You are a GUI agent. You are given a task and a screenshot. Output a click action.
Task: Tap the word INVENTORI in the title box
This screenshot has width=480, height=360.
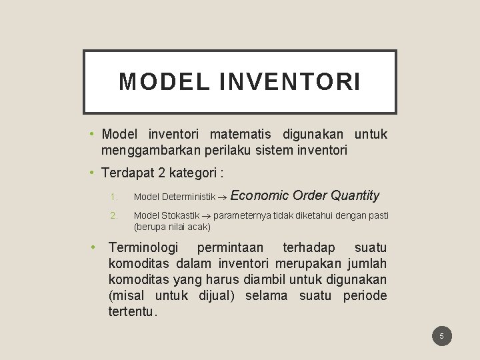point(289,81)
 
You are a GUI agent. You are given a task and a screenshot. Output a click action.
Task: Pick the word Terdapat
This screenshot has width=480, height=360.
point(127,173)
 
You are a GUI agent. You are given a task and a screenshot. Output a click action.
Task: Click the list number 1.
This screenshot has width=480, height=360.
point(114,197)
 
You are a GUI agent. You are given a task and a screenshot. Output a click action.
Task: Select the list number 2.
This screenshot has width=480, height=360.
point(114,215)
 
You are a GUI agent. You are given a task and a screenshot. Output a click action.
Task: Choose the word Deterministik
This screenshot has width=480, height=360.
point(187,197)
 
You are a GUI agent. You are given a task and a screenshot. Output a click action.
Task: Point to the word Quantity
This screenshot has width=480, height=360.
point(355,195)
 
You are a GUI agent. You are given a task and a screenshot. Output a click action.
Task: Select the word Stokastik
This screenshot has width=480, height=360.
point(180,215)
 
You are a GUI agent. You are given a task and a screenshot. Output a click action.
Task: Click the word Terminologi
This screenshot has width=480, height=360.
point(143,248)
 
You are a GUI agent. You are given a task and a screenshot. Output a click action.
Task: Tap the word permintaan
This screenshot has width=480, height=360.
point(230,248)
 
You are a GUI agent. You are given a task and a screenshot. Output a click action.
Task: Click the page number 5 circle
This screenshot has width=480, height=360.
point(441,336)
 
